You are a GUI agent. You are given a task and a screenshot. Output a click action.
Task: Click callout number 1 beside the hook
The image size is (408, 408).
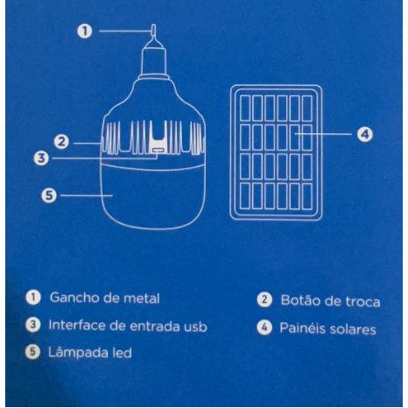pos(85,32)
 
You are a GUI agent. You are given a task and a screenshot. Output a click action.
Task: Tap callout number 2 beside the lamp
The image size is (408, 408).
pos(61,142)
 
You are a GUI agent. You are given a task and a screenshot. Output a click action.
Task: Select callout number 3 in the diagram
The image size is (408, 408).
pos(41,158)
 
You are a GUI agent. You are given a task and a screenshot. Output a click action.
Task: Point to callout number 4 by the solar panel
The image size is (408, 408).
pos(365,135)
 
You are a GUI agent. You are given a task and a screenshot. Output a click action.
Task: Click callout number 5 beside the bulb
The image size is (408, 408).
pos(49,195)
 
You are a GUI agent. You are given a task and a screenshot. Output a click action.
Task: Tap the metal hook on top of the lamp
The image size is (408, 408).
pos(153,32)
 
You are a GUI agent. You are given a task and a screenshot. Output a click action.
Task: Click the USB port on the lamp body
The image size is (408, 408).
pos(158,151)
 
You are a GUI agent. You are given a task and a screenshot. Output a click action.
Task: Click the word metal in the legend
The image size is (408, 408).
pos(142,299)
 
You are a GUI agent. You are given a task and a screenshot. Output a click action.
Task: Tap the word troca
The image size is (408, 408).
pos(362,302)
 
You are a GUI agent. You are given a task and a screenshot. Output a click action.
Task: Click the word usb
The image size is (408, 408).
pos(196,327)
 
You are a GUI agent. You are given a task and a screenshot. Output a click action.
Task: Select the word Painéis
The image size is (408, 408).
pos(302,328)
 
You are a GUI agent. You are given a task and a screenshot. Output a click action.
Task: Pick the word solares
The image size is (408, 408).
pos(353,329)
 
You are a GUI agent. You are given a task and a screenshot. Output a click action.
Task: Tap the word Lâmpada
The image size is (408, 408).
pos(78,353)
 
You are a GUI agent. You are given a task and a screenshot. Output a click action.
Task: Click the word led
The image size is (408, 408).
pos(122,353)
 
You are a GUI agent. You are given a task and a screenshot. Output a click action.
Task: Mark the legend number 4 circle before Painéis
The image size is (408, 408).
pos(264,327)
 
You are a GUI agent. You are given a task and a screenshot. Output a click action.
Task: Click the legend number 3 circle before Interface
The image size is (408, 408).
pos(33,325)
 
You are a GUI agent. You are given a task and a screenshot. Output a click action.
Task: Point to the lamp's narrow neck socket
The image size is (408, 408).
pos(154,61)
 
